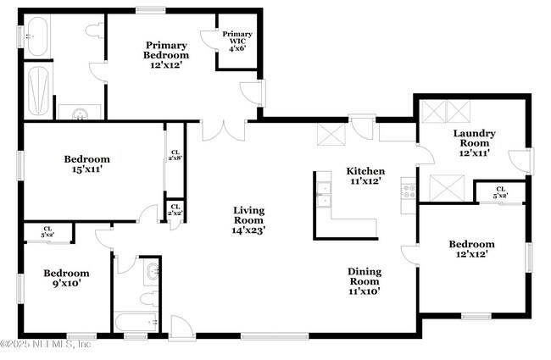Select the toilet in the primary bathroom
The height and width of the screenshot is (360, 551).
click(94, 30)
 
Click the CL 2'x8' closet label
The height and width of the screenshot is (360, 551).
click(175, 153)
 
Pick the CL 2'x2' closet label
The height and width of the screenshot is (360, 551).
click(175, 209)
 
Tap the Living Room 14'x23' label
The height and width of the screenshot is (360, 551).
click(249, 219)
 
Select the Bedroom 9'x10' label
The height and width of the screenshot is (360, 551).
click(66, 279)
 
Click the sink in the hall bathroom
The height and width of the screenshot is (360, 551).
click(152, 273)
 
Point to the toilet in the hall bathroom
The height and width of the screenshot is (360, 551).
click(146, 299)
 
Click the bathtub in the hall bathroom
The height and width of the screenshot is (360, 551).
click(136, 323)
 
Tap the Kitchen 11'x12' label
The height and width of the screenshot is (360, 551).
click(366, 176)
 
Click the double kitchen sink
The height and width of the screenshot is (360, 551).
click(323, 194)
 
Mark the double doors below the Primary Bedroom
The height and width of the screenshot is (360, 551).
click(225, 130)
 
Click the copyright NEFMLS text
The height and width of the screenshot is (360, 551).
click(47, 344)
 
